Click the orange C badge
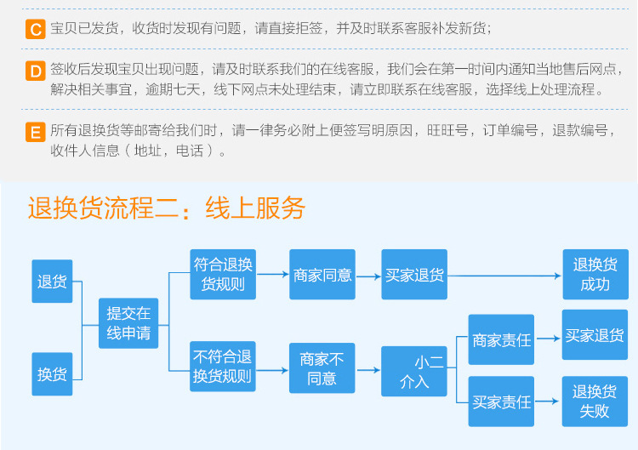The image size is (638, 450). pyautogui.click(x=36, y=30)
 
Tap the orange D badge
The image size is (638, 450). pyautogui.click(x=36, y=71)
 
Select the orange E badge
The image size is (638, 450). pyautogui.click(x=36, y=132)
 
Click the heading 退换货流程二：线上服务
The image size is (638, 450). pyautogui.click(x=166, y=208)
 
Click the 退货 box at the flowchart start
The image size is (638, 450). pyautogui.click(x=52, y=281)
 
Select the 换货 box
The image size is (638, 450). pyautogui.click(x=52, y=373)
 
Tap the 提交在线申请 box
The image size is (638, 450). pyautogui.click(x=128, y=324)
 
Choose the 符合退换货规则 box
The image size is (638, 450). pyautogui.click(x=223, y=274)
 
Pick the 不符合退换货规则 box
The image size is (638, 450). pyautogui.click(x=223, y=367)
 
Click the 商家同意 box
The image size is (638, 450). pyautogui.click(x=322, y=275)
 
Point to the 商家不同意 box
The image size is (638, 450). pyautogui.click(x=322, y=368)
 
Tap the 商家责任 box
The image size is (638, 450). pyautogui.click(x=501, y=340)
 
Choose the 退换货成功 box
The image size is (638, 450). pyautogui.click(x=595, y=274)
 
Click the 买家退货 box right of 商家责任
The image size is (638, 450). pyautogui.click(x=595, y=335)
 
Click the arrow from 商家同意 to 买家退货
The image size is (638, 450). pyautogui.click(x=368, y=276)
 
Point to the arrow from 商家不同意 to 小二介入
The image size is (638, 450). pyautogui.click(x=368, y=370)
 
